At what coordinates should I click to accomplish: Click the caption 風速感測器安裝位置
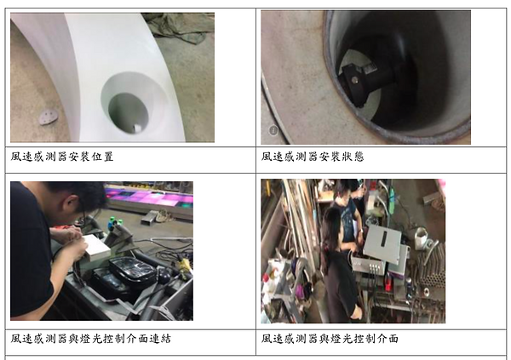(62, 157)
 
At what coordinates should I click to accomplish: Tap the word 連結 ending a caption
(160, 339)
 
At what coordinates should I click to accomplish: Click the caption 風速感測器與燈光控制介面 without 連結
(330, 339)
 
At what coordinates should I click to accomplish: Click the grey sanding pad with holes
(49, 117)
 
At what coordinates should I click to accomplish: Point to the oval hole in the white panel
(129, 112)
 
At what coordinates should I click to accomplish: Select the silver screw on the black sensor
(354, 79)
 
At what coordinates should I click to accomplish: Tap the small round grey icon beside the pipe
(273, 130)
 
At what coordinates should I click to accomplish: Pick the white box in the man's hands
(96, 248)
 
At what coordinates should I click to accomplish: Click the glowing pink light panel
(150, 197)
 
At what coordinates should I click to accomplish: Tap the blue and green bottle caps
(116, 221)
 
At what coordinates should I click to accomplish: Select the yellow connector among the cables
(185, 265)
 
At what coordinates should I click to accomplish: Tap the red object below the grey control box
(388, 283)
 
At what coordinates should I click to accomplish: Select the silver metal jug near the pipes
(423, 238)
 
